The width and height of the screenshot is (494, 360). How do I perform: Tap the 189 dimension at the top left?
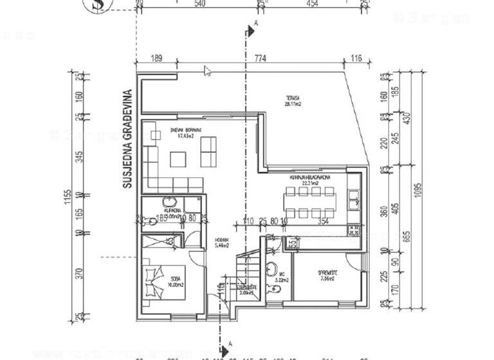click(156, 59)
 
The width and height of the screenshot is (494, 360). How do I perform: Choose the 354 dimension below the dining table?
click(323, 222)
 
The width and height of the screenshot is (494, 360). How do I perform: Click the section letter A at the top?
click(256, 24)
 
